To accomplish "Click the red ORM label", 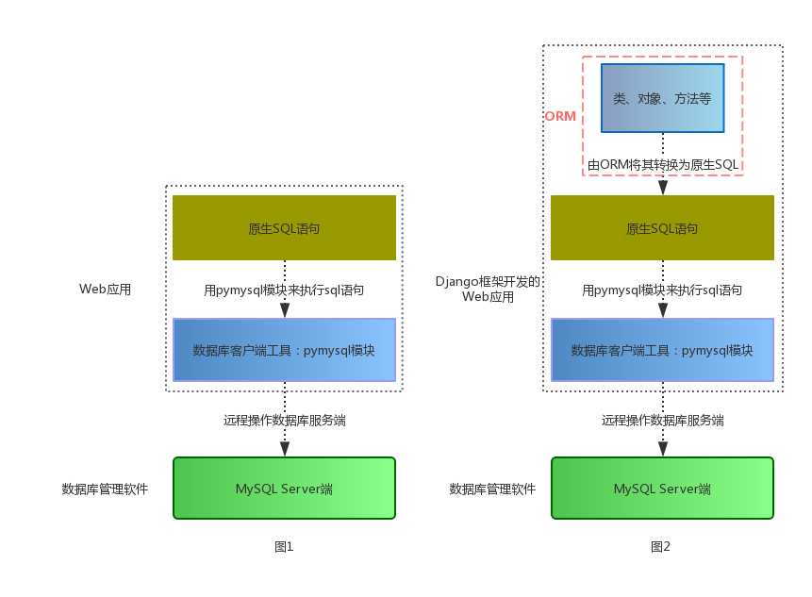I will pyautogui.click(x=560, y=116).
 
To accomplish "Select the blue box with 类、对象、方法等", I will pyautogui.click(x=663, y=98).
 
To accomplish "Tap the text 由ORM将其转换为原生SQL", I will pyautogui.click(x=663, y=165).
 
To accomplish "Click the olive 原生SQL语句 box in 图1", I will pyautogui.click(x=284, y=228).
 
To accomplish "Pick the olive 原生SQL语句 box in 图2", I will pyautogui.click(x=662, y=228).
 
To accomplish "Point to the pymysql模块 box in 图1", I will pyautogui.click(x=284, y=350).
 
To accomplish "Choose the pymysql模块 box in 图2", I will pyautogui.click(x=662, y=350).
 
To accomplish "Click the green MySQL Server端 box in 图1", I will pyautogui.click(x=284, y=489).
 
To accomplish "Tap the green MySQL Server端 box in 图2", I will pyautogui.click(x=662, y=489).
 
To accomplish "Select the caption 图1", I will pyautogui.click(x=284, y=546).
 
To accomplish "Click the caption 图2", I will pyautogui.click(x=661, y=546).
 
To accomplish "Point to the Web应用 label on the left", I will pyautogui.click(x=105, y=290).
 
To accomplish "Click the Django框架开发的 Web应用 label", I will pyautogui.click(x=488, y=289).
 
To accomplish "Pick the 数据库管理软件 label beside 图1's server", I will pyautogui.click(x=105, y=489).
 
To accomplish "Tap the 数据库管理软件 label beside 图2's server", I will pyautogui.click(x=492, y=489).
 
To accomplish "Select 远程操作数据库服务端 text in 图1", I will pyautogui.click(x=284, y=421).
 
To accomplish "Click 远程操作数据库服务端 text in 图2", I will pyautogui.click(x=662, y=421).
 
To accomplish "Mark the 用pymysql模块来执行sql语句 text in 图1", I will pyautogui.click(x=284, y=290).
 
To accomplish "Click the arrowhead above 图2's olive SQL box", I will pyautogui.click(x=663, y=188).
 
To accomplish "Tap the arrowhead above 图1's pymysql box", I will pyautogui.click(x=284, y=309).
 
